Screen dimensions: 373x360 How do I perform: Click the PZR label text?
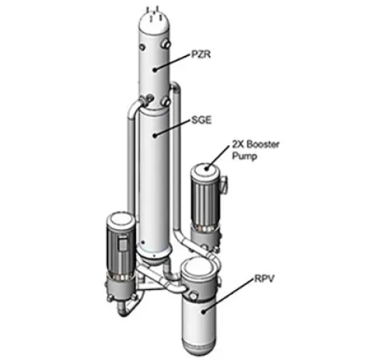201,54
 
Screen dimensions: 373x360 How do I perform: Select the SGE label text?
201,120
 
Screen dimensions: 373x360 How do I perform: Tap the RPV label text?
264,279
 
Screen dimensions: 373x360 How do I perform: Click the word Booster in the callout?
263,144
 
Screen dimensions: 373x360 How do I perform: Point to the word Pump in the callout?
244,156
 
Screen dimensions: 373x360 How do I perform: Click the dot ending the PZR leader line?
155,69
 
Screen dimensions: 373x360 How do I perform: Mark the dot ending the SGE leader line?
155,135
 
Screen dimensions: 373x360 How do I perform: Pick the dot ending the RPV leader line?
204,311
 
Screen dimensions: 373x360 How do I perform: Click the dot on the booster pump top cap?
207,169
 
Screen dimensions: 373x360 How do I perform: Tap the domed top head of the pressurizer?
155,22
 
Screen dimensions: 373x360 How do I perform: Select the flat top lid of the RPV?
199,265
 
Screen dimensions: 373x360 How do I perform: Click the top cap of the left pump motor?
120,220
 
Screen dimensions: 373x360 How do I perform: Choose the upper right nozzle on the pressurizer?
166,44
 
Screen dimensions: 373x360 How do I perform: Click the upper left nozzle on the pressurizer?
141,47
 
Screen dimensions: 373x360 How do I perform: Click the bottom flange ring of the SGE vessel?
155,250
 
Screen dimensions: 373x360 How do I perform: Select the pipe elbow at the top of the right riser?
176,86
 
